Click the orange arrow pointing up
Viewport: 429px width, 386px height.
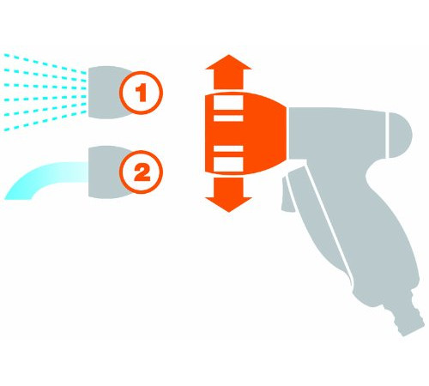click(x=228, y=71)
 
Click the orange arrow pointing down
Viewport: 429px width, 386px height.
click(x=228, y=195)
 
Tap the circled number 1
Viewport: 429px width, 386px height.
click(x=141, y=93)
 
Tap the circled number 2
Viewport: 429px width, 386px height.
click(x=141, y=172)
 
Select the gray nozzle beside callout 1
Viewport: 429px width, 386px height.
click(x=105, y=93)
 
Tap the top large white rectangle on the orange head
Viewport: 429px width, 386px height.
click(x=228, y=102)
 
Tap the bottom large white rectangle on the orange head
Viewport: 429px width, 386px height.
click(x=228, y=164)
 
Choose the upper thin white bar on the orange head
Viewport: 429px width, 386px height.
click(x=228, y=118)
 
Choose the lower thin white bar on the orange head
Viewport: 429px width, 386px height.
click(x=228, y=148)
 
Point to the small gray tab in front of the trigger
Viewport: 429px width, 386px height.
click(x=287, y=195)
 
